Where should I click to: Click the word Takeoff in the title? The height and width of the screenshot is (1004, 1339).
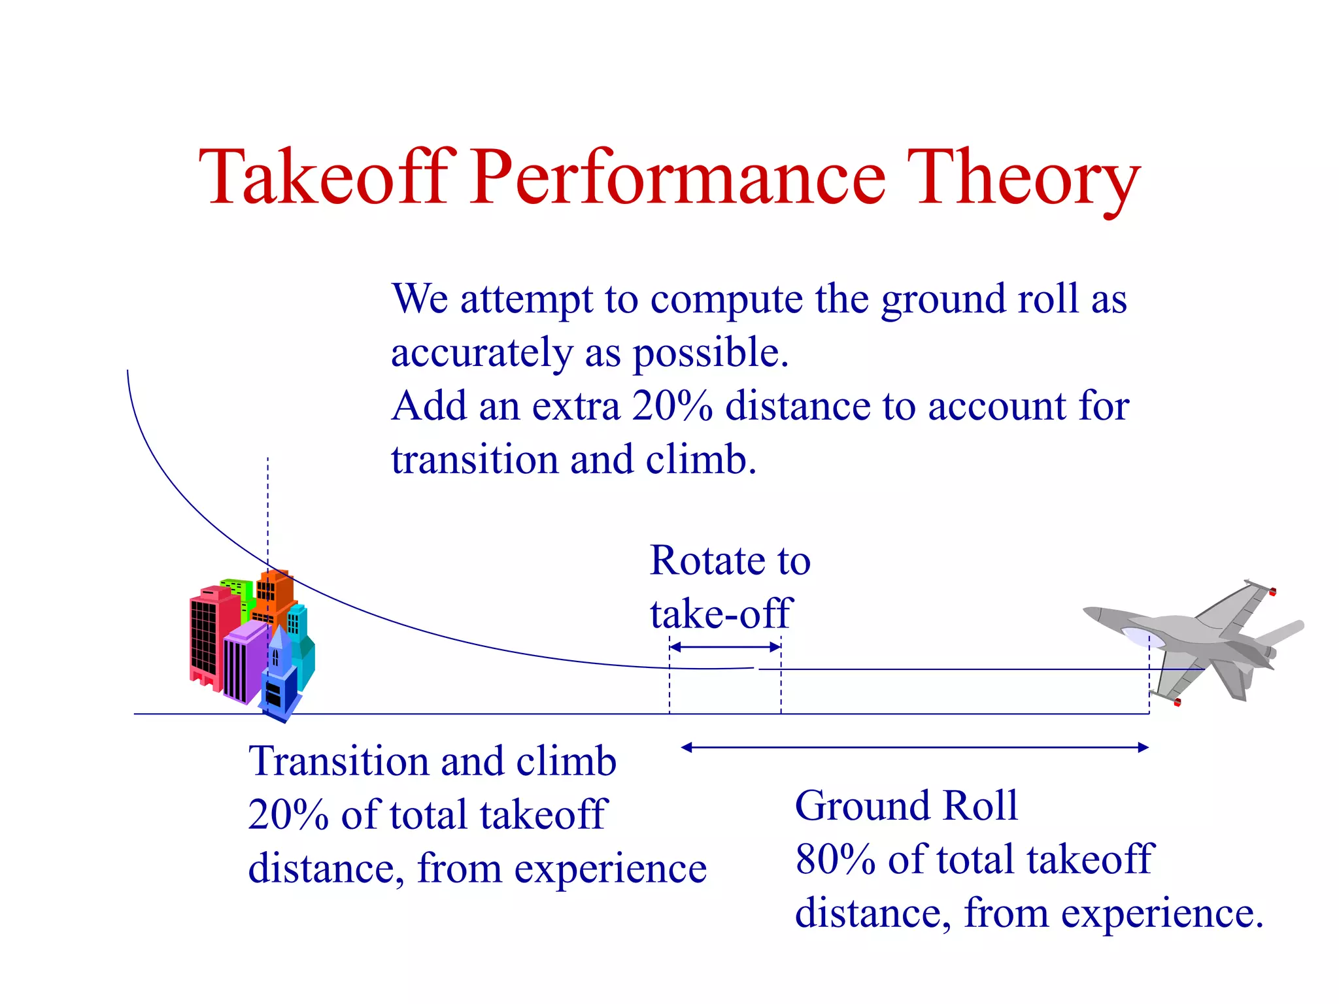[325, 178]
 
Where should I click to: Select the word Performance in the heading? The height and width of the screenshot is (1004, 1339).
[678, 178]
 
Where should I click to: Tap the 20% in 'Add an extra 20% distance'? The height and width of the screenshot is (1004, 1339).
[671, 406]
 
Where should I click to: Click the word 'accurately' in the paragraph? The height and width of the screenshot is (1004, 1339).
[481, 353]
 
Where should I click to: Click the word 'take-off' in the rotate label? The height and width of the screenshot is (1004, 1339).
[720, 614]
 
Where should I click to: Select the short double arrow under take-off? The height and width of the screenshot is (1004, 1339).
[725, 647]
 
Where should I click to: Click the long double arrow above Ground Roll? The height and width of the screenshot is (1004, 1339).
[915, 747]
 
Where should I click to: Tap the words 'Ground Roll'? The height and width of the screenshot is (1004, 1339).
[906, 805]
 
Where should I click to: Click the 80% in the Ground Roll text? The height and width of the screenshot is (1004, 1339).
[835, 859]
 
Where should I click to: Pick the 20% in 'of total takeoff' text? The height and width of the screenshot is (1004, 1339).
[288, 815]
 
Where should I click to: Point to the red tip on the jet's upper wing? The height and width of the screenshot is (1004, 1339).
[1272, 592]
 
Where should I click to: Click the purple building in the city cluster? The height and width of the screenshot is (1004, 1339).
[243, 660]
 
